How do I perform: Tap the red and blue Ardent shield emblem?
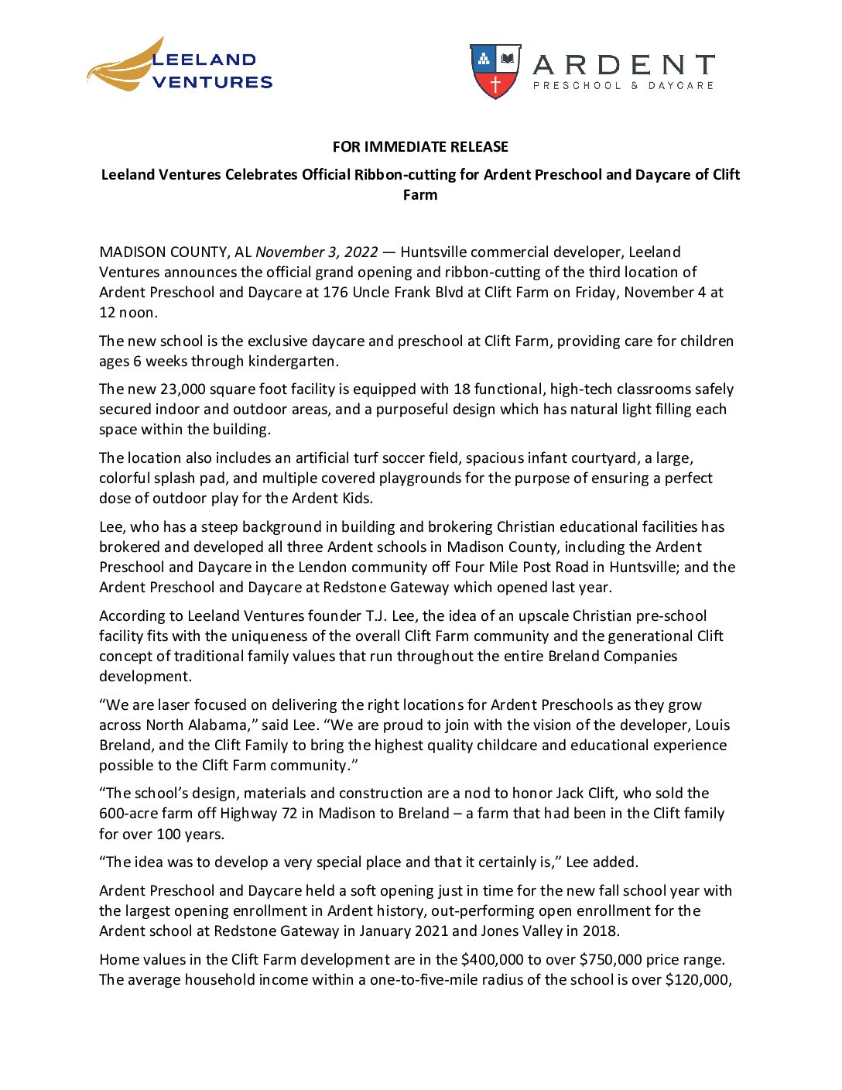click(x=495, y=70)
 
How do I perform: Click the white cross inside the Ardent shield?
click(x=496, y=84)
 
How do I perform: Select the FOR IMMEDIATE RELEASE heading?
click(x=420, y=147)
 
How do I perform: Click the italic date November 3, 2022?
click(x=317, y=252)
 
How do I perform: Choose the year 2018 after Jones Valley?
click(x=601, y=931)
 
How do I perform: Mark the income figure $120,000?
click(x=697, y=980)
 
